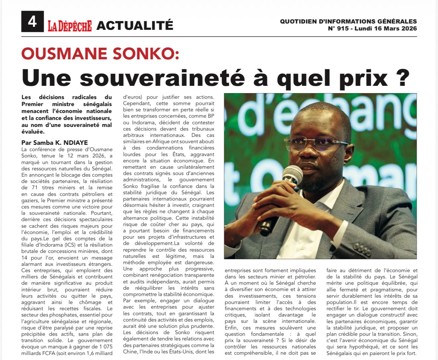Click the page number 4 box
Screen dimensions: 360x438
click(32, 22)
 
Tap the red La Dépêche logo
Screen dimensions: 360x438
click(69, 26)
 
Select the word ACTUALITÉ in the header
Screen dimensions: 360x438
click(135, 25)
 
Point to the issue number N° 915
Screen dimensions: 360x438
click(338, 29)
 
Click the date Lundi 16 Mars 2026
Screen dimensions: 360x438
click(386, 29)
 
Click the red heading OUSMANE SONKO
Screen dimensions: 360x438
click(100, 54)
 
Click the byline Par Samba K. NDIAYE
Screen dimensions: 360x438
click(55, 143)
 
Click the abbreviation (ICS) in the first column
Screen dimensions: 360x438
click(77, 245)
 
